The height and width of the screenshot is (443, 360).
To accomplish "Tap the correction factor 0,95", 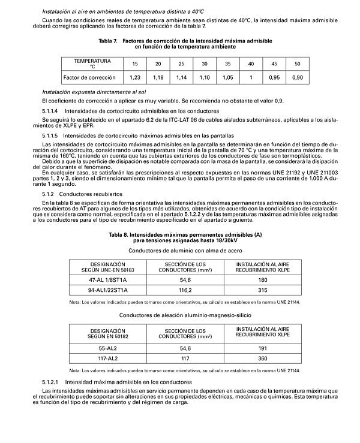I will click(274, 78).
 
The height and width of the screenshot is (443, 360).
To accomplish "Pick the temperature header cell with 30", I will click(205, 64).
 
